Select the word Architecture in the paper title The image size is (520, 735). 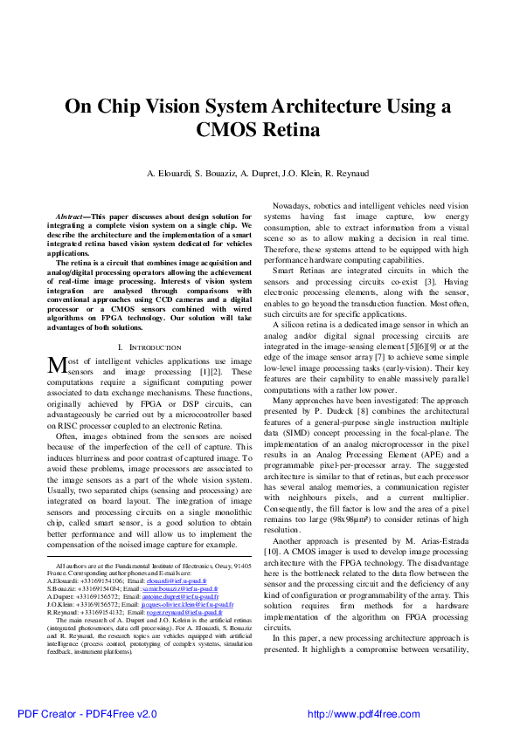tap(334, 106)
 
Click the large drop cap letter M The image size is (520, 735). tap(56, 364)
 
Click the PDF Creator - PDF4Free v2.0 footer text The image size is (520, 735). tap(71, 713)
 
